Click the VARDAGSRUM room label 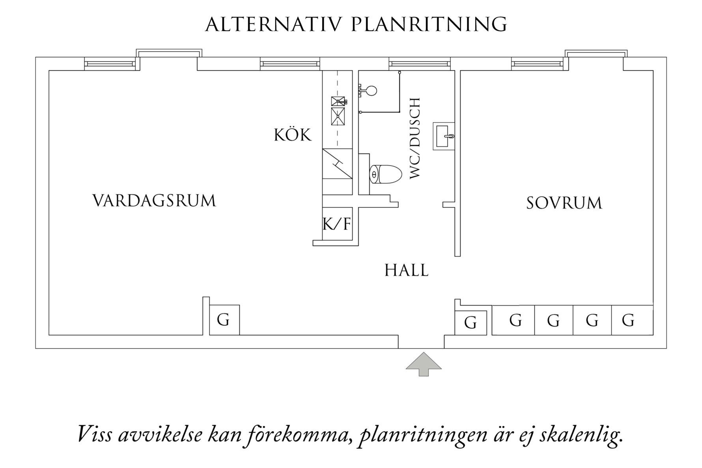[154, 200]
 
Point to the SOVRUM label [564, 203]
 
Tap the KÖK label [292, 135]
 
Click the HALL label [406, 270]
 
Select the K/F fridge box [337, 224]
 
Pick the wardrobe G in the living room [224, 320]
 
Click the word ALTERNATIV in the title [273, 24]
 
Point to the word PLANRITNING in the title [429, 24]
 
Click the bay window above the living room [169, 53]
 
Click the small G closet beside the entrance [470, 323]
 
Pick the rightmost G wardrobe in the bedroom [629, 320]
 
